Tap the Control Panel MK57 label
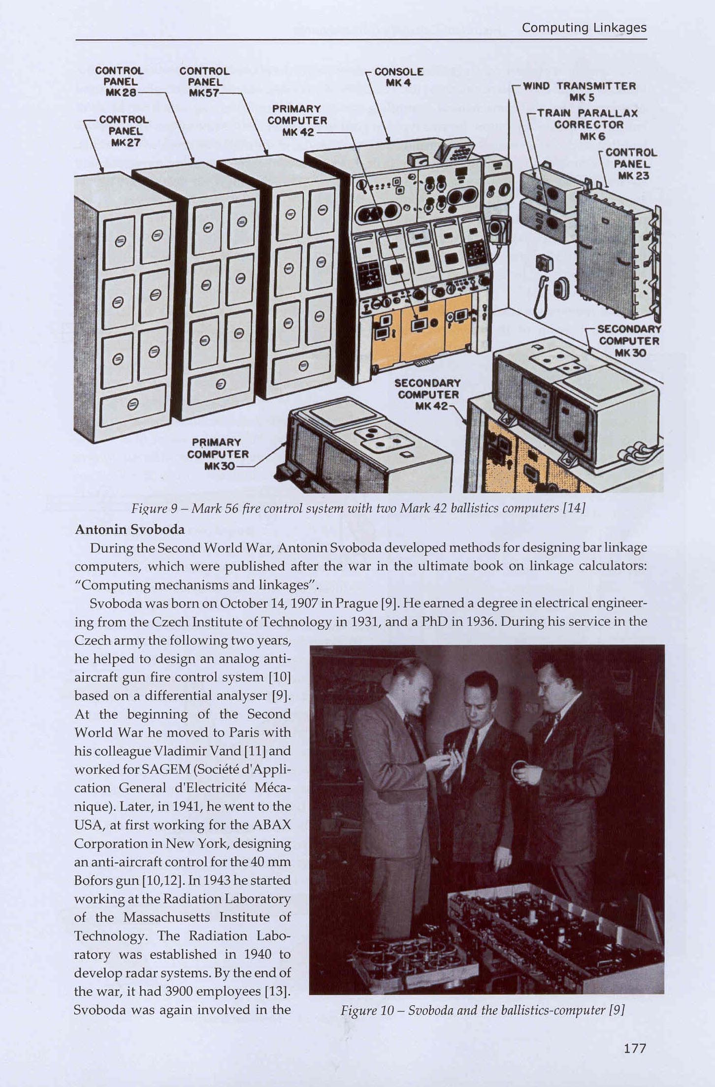[204, 82]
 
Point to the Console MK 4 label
[398, 77]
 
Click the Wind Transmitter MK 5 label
[579, 92]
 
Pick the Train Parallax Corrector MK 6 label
[588, 125]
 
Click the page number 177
[634, 1048]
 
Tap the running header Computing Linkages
[584, 28]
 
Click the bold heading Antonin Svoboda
[130, 529]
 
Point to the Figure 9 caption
[358, 508]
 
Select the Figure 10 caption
[482, 1010]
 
